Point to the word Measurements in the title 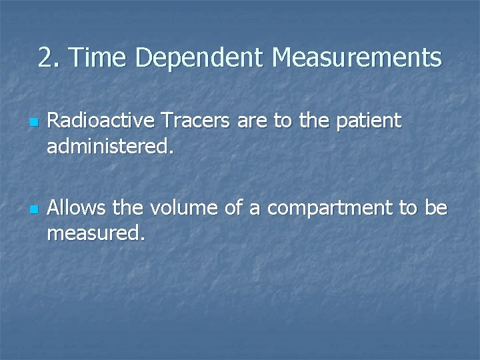[x=357, y=58]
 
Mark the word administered [x=110, y=147]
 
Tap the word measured [x=95, y=234]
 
